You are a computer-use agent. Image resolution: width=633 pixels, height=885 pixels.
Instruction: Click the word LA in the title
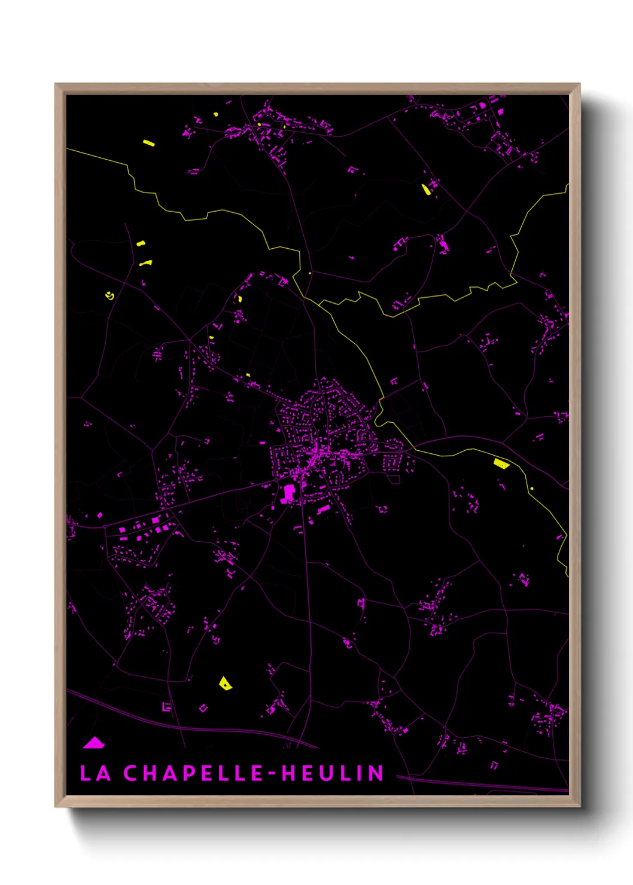(x=96, y=773)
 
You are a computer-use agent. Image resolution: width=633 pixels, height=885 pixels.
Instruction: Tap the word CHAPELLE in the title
(x=193, y=773)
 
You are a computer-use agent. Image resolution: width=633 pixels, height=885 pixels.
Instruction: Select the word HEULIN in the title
(x=333, y=773)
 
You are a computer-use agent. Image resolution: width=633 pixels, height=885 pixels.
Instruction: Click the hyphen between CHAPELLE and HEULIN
(x=273, y=774)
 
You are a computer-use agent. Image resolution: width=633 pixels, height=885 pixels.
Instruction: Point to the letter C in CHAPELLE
(x=131, y=773)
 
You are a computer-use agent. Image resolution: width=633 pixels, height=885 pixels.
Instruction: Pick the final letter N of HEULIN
(x=376, y=773)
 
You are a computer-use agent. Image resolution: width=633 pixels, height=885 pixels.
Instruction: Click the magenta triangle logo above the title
(x=94, y=743)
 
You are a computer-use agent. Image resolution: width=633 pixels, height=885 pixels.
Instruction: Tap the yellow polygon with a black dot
(x=225, y=683)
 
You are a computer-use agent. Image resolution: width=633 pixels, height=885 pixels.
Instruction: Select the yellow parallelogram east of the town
(x=501, y=463)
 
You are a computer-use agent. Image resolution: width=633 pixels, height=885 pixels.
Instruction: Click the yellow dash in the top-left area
(x=149, y=143)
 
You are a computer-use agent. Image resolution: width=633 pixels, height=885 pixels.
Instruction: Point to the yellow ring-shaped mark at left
(x=109, y=295)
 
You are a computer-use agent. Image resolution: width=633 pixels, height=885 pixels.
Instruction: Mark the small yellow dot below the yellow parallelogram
(x=531, y=489)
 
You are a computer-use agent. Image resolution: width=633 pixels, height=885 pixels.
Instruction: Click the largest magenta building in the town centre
(x=289, y=493)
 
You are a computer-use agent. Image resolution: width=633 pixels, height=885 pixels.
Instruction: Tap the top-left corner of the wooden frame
(x=56, y=85)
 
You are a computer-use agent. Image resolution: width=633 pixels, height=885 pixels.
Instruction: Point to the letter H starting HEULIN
(x=290, y=773)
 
